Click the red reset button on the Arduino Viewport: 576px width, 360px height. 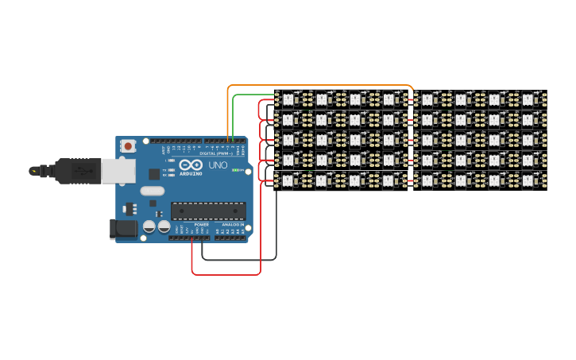pos(128,146)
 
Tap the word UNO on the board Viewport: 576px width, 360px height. pos(218,166)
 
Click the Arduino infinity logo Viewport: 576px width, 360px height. pos(191,165)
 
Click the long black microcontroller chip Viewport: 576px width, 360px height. pos(208,211)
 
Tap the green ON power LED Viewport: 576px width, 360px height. pos(236,169)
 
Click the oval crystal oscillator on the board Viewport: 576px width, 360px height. pos(152,191)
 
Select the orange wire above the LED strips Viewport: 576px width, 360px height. pos(318,84)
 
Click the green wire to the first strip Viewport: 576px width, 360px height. pos(254,95)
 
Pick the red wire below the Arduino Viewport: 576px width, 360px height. pos(226,275)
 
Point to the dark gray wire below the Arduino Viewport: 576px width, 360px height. pos(238,259)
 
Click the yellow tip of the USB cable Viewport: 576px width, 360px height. pos(34,170)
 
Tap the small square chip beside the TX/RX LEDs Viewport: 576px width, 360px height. pos(153,174)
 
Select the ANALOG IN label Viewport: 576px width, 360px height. pos(233,225)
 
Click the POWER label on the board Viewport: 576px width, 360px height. pos(201,225)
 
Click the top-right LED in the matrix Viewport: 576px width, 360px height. pos(530,99)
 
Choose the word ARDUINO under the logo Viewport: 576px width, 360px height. pos(191,173)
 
